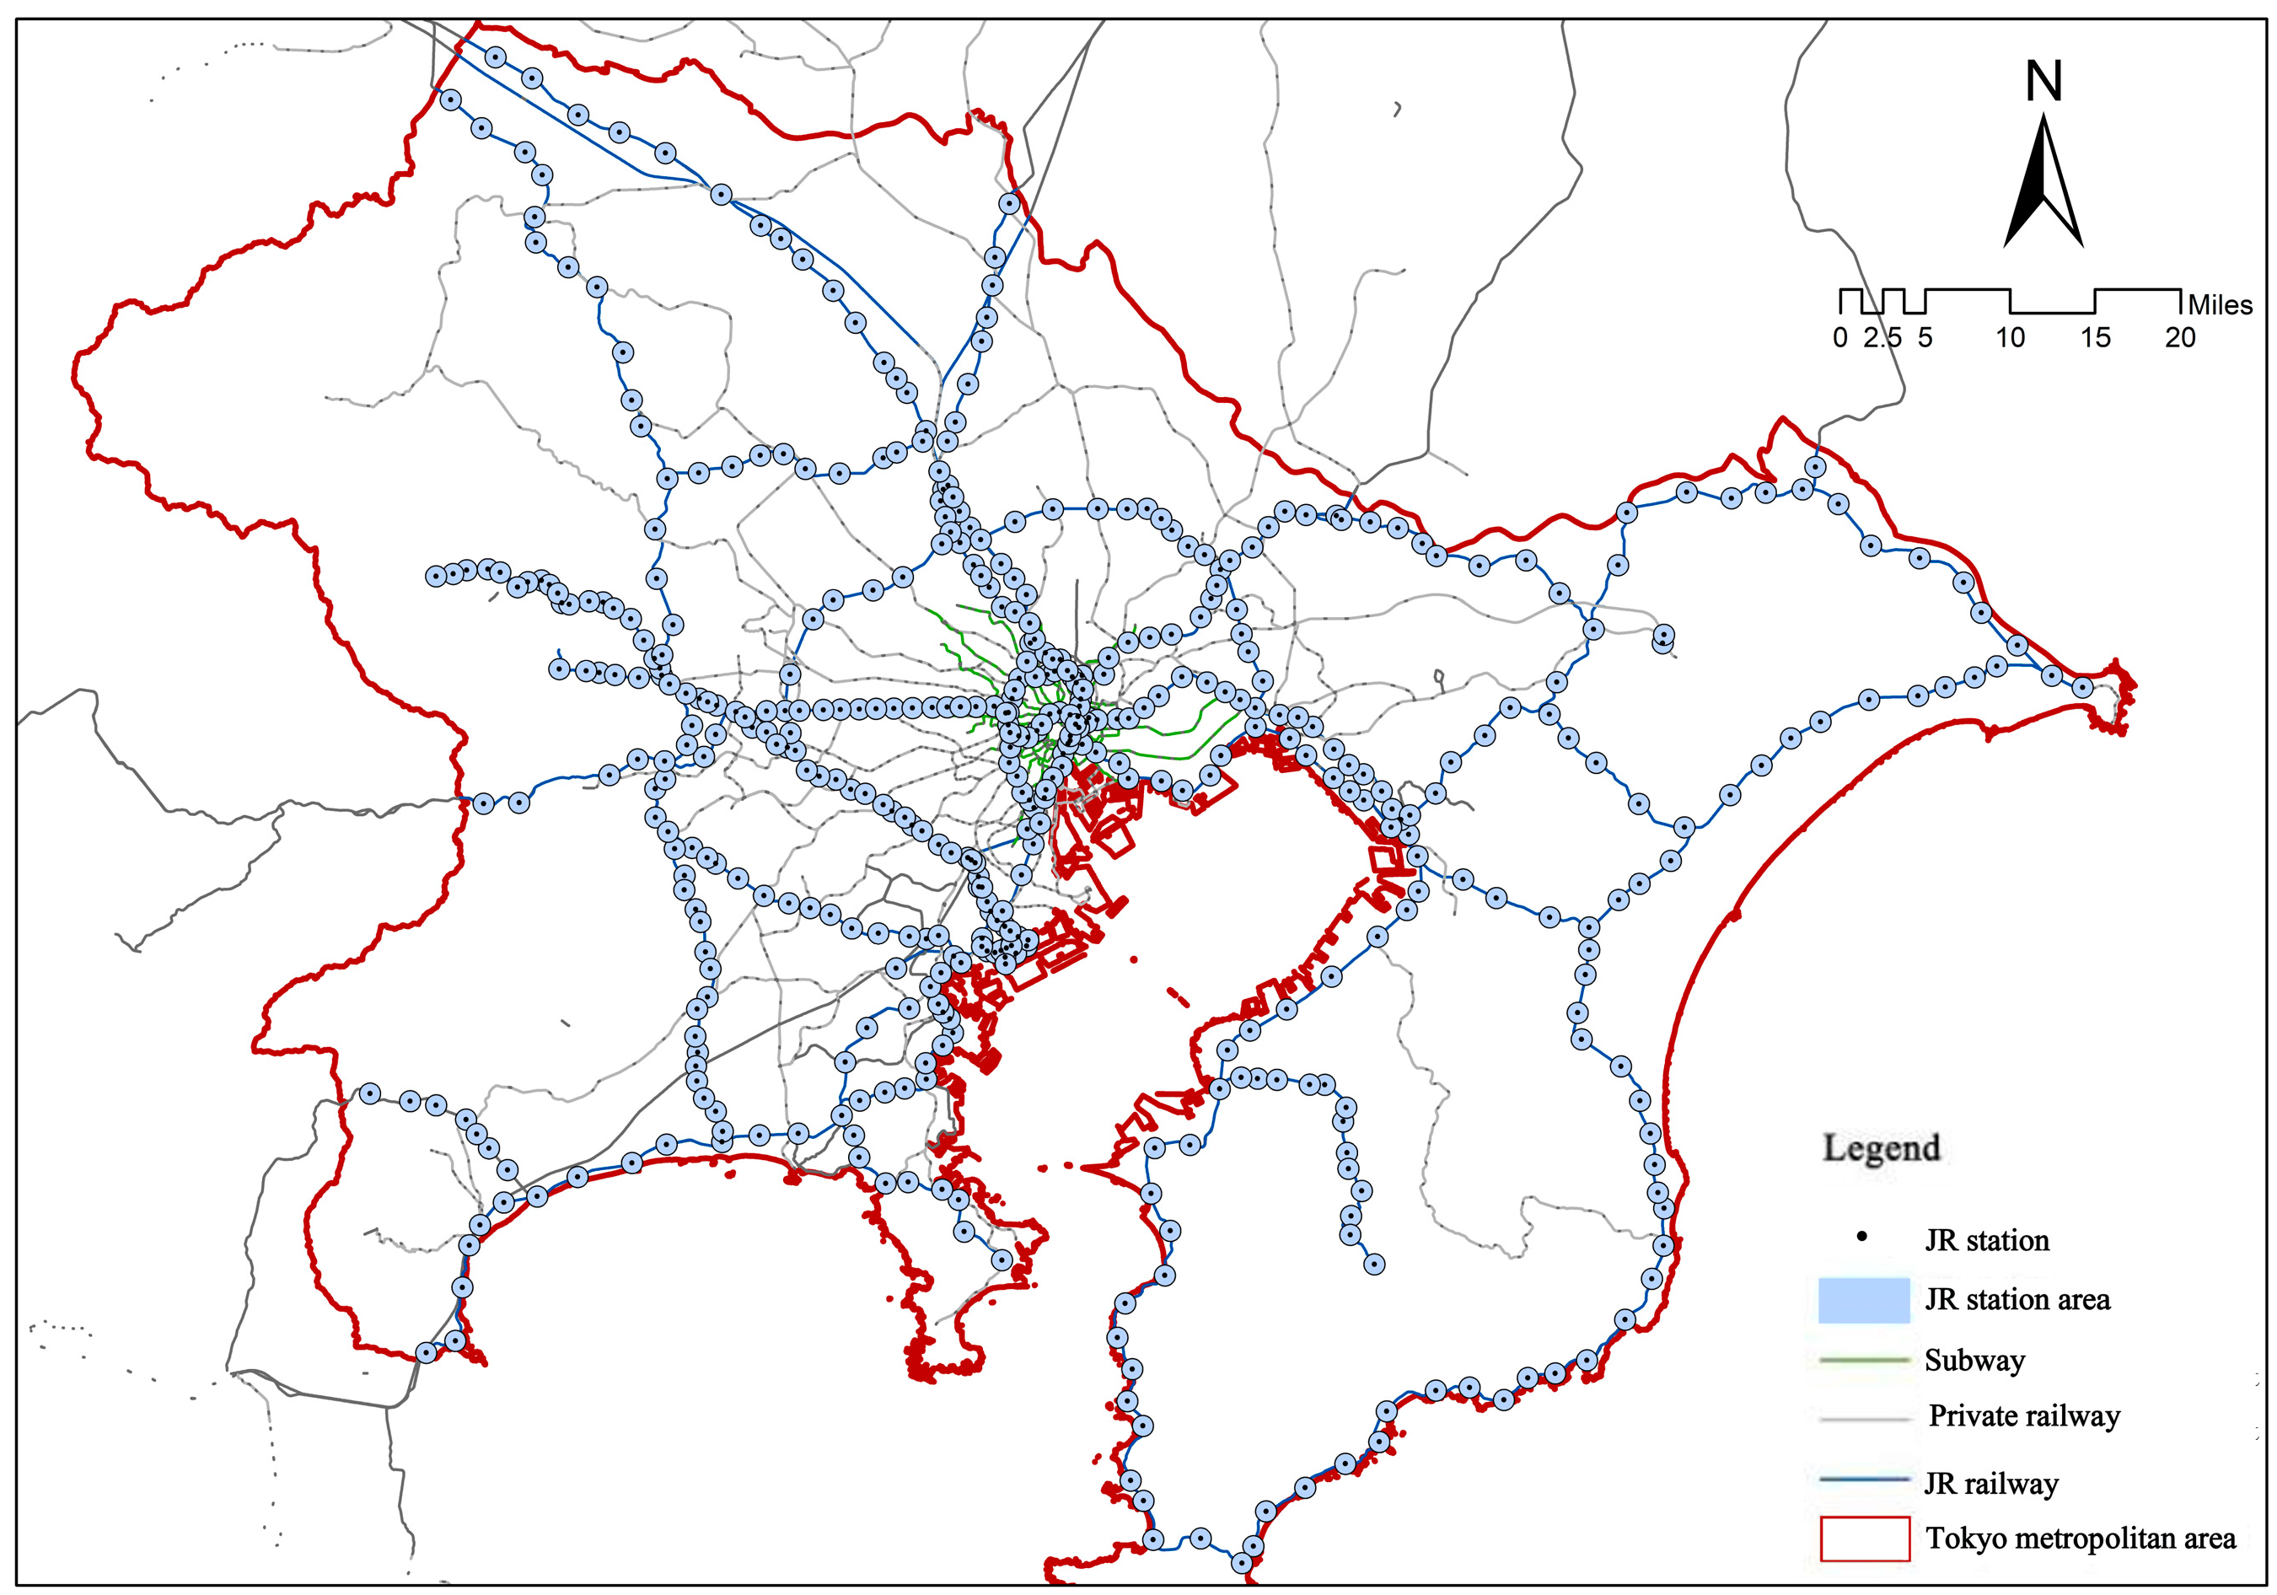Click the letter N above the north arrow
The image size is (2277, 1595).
click(x=2043, y=81)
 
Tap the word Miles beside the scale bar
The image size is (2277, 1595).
click(x=2220, y=304)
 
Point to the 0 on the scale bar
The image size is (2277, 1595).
click(x=1839, y=338)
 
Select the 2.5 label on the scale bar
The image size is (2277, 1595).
click(x=1882, y=338)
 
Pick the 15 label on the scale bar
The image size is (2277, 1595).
click(x=2095, y=338)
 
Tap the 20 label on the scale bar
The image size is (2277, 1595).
click(x=2180, y=338)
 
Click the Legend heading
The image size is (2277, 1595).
click(x=1880, y=1147)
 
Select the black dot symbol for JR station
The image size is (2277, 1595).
click(x=1862, y=1237)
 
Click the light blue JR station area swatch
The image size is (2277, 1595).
click(x=1863, y=1299)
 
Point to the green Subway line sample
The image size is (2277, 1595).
click(x=1865, y=1361)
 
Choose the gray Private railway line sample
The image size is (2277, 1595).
click(x=1865, y=1420)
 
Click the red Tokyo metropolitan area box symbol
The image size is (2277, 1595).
click(x=1865, y=1539)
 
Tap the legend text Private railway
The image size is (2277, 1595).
click(x=2023, y=1416)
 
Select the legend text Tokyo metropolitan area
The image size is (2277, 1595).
click(x=2081, y=1539)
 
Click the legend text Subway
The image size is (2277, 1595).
click(x=1974, y=1361)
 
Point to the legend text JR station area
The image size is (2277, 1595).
click(x=2017, y=1299)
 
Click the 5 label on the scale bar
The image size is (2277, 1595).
click(x=1925, y=338)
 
